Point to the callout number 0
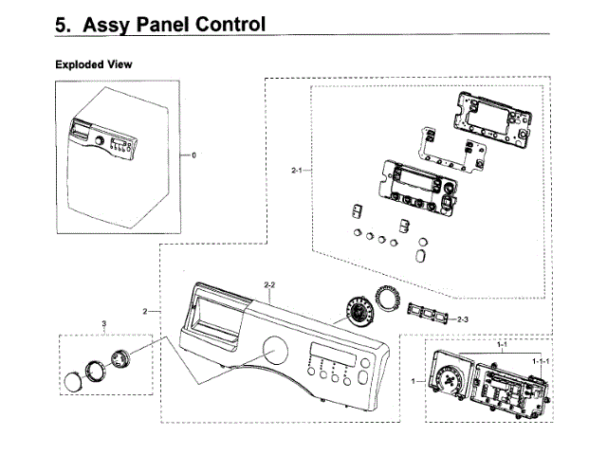pyautogui.click(x=193, y=155)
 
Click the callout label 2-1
pyautogui.click(x=298, y=171)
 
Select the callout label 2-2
pyautogui.click(x=269, y=284)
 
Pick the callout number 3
pyautogui.click(x=103, y=324)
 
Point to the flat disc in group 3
pyautogui.click(x=73, y=382)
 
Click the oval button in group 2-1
pyautogui.click(x=420, y=256)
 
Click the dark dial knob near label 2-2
pyautogui.click(x=358, y=311)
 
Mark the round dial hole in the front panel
pyautogui.click(x=278, y=352)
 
